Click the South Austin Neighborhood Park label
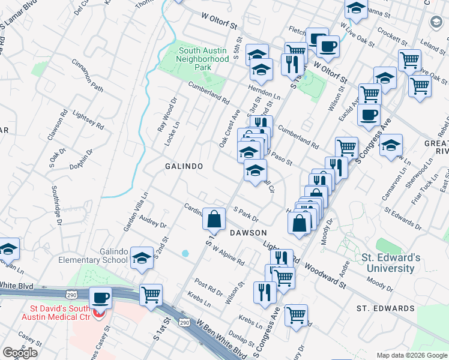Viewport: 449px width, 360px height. tap(203, 59)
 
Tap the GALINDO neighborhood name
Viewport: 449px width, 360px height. tap(184, 166)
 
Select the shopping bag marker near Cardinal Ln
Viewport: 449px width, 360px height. tap(214, 220)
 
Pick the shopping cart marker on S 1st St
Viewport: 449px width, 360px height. tap(151, 295)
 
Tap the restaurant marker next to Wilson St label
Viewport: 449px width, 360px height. tap(265, 293)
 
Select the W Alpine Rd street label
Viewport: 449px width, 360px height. tap(228, 258)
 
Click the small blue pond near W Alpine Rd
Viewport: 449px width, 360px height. tap(185, 254)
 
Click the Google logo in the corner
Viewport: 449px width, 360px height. tap(20, 353)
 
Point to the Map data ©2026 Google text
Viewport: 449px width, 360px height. tap(411, 355)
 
